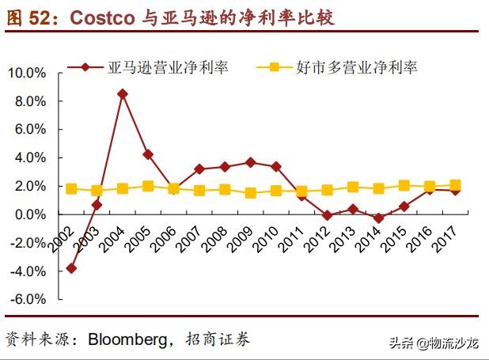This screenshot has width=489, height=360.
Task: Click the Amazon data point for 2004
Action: (x=123, y=93)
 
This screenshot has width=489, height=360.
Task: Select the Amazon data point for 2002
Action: (x=71, y=268)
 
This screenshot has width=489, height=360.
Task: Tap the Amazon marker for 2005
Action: (x=148, y=153)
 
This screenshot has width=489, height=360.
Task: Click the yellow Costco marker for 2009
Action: (x=250, y=193)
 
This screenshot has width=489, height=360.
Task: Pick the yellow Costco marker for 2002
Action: (x=71, y=188)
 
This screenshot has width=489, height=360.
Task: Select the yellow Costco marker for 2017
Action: (x=455, y=185)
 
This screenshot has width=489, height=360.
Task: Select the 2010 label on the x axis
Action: (x=267, y=235)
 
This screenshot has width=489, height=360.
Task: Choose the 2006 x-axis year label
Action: (x=165, y=235)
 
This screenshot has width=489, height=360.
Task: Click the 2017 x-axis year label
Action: (x=446, y=235)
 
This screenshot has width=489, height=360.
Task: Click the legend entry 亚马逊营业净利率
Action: (x=168, y=67)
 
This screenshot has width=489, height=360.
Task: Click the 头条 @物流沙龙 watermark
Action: (x=434, y=343)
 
